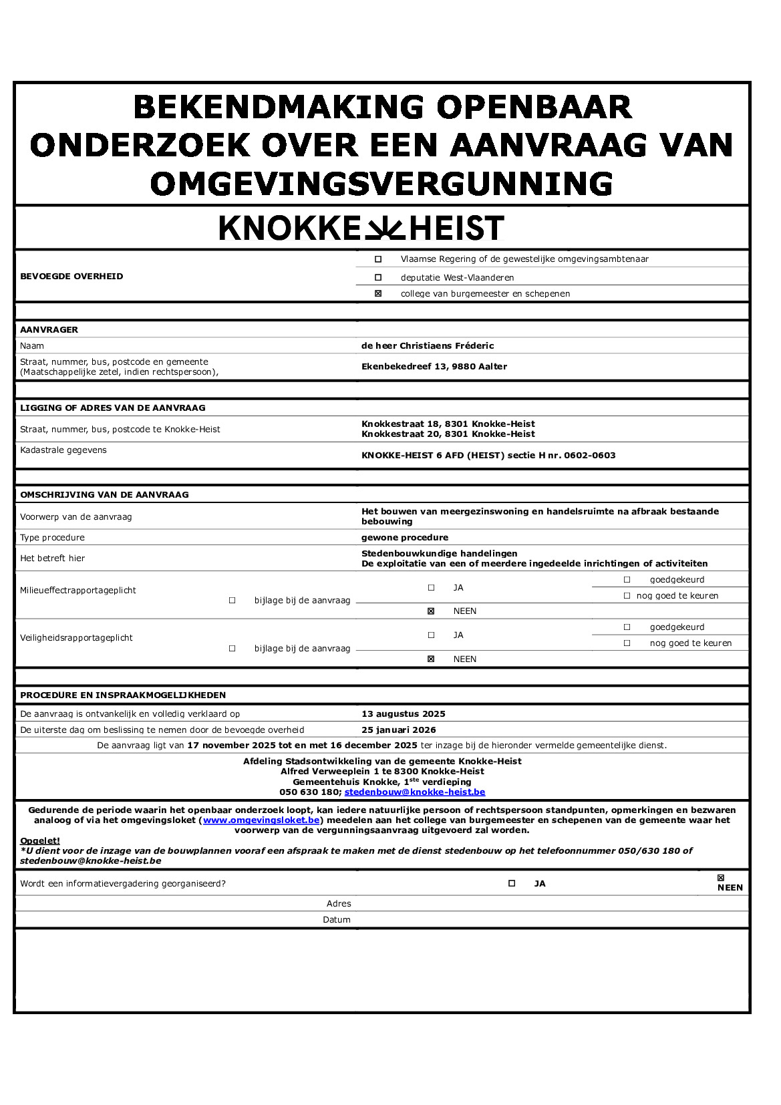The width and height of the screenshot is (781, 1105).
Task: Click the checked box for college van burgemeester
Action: click(378, 293)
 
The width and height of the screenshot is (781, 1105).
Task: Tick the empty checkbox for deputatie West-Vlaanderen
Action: click(378, 277)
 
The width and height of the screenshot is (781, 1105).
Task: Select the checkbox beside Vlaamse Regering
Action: click(378, 259)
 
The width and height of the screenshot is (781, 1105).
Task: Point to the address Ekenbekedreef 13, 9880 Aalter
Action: click(434, 366)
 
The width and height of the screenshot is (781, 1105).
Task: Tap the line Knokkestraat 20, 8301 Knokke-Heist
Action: click(448, 434)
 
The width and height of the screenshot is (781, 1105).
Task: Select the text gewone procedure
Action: click(405, 537)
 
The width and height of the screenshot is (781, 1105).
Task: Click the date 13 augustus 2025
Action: click(404, 714)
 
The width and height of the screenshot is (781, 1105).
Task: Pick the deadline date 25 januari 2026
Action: click(399, 730)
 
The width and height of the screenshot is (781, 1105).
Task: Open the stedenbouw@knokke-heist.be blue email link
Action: click(415, 792)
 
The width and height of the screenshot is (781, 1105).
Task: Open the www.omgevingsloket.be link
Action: click(261, 820)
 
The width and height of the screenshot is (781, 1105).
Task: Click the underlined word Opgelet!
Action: click(40, 840)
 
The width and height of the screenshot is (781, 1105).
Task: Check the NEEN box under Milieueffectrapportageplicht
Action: click(431, 611)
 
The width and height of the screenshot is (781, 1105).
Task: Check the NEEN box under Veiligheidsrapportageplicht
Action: click(431, 659)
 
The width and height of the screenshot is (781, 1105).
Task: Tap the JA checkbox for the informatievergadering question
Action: click(512, 883)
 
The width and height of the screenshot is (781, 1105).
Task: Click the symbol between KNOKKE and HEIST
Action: click(384, 228)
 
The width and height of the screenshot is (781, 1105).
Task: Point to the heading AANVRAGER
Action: click(49, 329)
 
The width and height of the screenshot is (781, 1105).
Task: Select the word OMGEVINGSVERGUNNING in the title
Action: click(381, 184)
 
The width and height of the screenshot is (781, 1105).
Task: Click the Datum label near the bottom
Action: click(337, 919)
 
